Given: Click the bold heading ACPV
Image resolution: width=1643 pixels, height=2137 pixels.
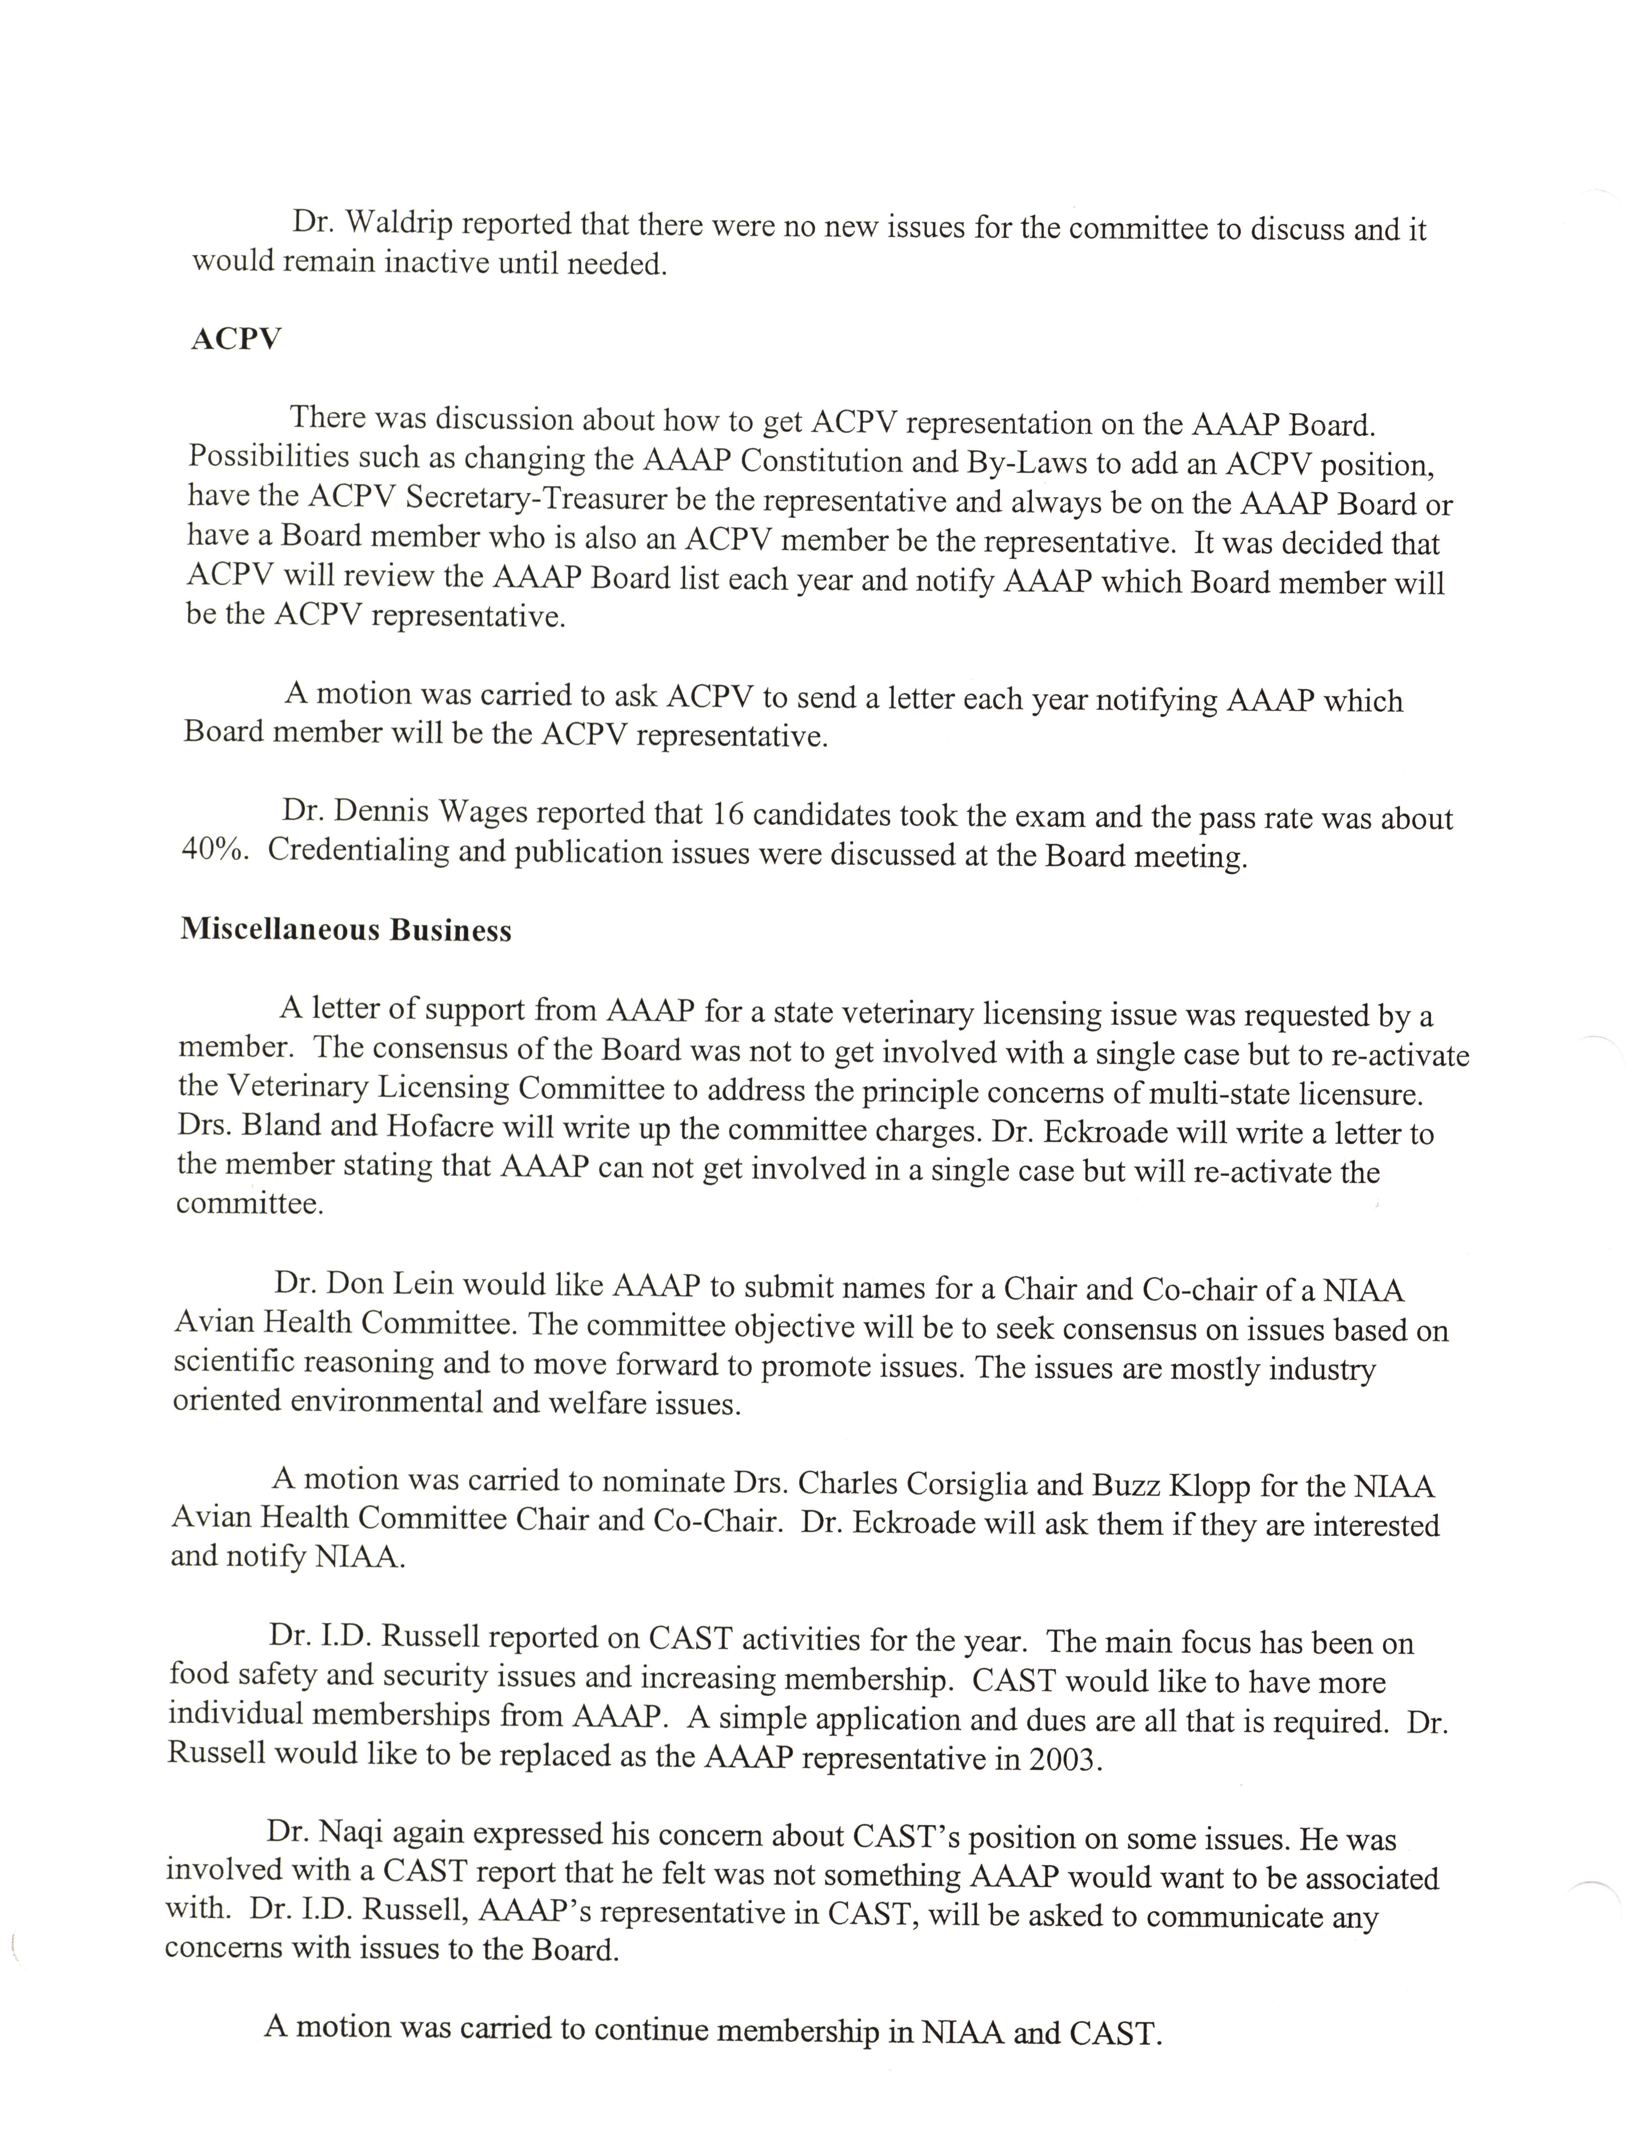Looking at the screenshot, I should pyautogui.click(x=236, y=339).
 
